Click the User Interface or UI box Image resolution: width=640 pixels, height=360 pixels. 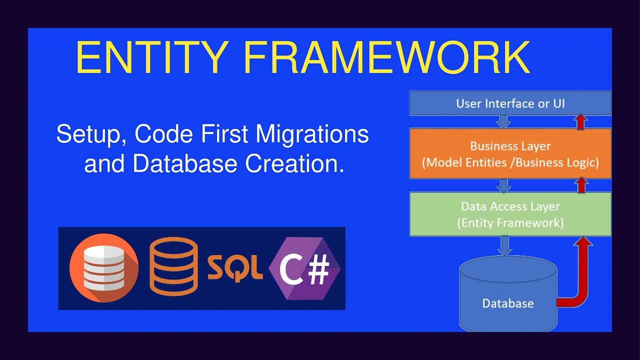pos(510,103)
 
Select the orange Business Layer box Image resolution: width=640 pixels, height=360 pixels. pos(510,153)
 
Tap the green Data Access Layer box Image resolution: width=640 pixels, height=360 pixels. pos(510,214)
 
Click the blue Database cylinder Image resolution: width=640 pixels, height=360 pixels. pos(507,295)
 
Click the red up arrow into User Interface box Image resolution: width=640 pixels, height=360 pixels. pos(580,121)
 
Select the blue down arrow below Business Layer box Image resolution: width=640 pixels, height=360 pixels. pos(504,185)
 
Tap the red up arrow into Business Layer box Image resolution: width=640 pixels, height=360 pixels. pos(580,185)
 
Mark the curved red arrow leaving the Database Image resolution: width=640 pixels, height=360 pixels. pos(580,280)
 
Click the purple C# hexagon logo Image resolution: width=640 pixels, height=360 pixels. pos(304,269)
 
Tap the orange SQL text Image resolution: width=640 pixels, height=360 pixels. pos(235,269)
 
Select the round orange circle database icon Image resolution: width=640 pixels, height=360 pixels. pos(103,268)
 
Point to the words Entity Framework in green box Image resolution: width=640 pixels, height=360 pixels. pos(510,223)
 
